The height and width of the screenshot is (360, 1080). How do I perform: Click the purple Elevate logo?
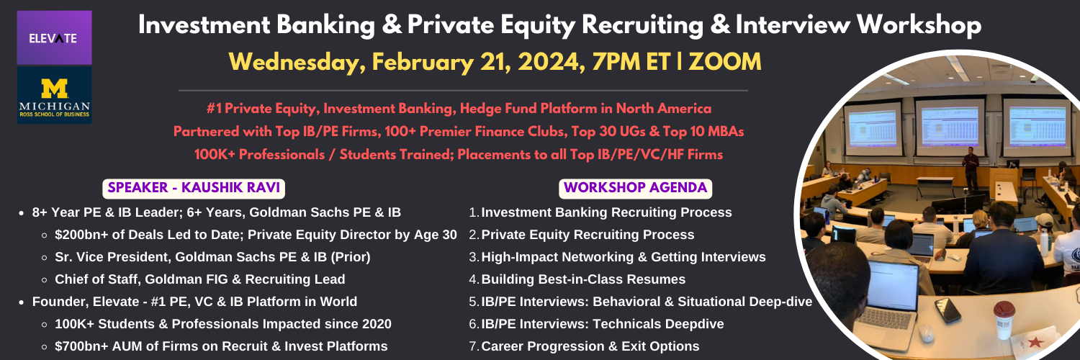(x=54, y=37)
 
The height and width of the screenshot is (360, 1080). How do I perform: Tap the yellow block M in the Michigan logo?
(x=54, y=89)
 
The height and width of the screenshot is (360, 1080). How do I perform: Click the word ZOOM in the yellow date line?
(x=724, y=62)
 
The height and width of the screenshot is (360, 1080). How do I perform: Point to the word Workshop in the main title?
(x=919, y=25)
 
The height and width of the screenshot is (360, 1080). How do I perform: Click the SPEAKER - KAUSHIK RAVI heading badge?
(x=194, y=188)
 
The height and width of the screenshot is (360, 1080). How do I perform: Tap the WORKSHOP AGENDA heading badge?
(x=635, y=188)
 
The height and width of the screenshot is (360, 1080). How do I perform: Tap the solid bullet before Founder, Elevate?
(x=21, y=302)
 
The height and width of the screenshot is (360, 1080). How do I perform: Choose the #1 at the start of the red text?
(x=214, y=109)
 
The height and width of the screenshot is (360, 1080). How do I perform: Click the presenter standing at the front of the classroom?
(x=970, y=168)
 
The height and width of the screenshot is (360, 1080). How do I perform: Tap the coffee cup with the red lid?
(x=1004, y=319)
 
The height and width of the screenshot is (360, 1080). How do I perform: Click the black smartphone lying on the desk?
(x=948, y=310)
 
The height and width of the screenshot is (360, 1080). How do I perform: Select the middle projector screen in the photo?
(x=950, y=125)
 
